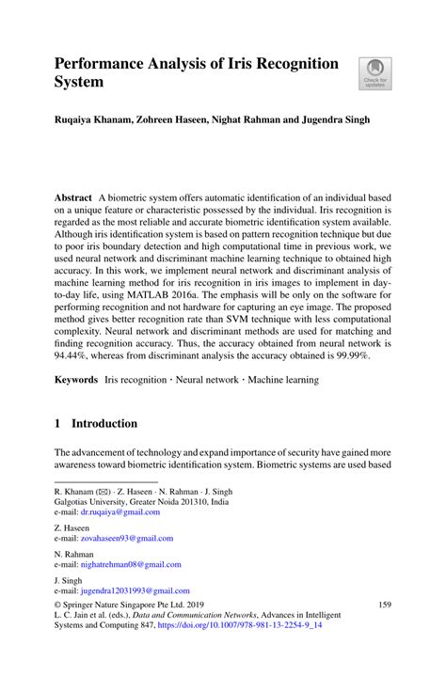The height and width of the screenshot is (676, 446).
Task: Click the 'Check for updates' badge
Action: pyautogui.click(x=374, y=72)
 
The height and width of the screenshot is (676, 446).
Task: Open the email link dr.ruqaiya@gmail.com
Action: pyautogui.click(x=120, y=512)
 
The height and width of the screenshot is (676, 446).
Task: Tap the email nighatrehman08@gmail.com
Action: pyautogui.click(x=130, y=564)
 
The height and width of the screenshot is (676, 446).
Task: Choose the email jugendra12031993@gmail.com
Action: pyautogui.click(x=133, y=590)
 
